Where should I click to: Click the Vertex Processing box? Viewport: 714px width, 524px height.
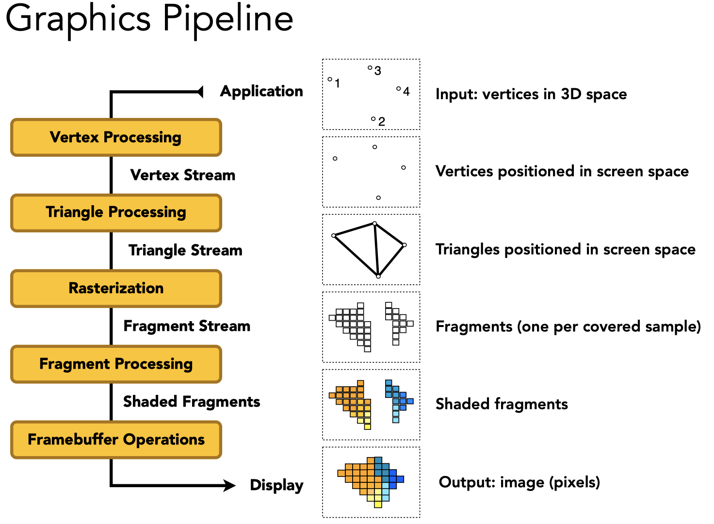click(x=116, y=137)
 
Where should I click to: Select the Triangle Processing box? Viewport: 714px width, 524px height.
click(x=116, y=213)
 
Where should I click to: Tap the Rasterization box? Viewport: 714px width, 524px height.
click(x=116, y=288)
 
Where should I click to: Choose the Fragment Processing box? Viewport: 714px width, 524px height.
click(x=116, y=364)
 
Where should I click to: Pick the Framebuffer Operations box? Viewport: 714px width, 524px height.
click(x=116, y=440)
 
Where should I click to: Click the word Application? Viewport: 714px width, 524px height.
click(x=261, y=91)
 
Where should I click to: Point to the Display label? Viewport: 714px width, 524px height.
click(x=276, y=485)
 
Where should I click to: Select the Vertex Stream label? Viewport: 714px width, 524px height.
click(x=183, y=175)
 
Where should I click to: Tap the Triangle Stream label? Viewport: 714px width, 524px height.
click(x=185, y=250)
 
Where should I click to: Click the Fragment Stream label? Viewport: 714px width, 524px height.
click(x=187, y=326)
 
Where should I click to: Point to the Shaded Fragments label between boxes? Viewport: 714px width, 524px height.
click(x=192, y=402)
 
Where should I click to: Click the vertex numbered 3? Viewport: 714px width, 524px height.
click(x=370, y=68)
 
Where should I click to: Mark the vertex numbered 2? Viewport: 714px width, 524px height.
click(x=373, y=118)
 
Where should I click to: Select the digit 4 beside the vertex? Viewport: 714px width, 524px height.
click(x=406, y=91)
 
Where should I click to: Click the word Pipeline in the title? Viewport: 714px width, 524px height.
click(x=228, y=19)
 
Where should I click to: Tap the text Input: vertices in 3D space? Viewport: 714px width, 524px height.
click(x=531, y=94)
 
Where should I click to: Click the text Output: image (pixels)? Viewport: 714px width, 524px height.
click(x=519, y=482)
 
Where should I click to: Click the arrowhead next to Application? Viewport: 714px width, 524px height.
click(x=200, y=91)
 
